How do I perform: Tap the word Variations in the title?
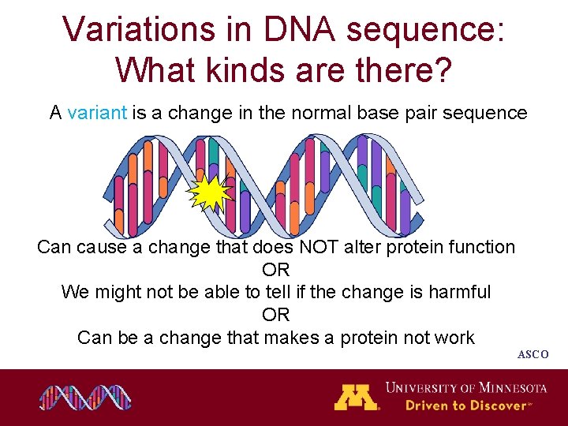pyautogui.click(x=135, y=29)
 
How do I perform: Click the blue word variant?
pyautogui.click(x=97, y=113)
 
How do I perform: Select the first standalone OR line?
pyautogui.click(x=276, y=270)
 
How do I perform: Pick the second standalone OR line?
pyautogui.click(x=276, y=315)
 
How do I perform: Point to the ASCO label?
pyautogui.click(x=532, y=355)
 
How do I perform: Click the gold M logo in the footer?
pyautogui.click(x=356, y=397)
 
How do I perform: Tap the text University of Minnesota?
pyautogui.click(x=465, y=387)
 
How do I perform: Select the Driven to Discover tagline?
pyautogui.click(x=465, y=405)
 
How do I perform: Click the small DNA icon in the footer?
pyautogui.click(x=85, y=397)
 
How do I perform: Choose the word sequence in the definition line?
pyautogui.click(x=489, y=113)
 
